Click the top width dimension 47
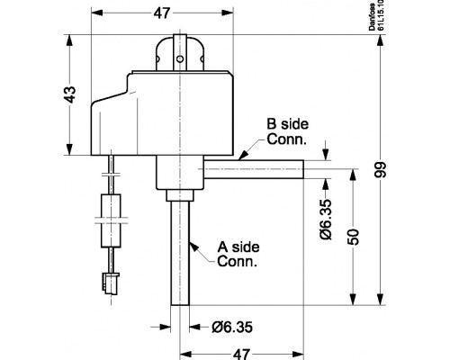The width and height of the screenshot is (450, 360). pos(162,13)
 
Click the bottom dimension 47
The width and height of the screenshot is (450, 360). pos(241,355)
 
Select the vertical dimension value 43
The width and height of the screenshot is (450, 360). pos(70,94)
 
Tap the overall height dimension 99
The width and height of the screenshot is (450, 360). pos(380,170)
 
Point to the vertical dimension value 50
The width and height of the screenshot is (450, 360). pos(354,237)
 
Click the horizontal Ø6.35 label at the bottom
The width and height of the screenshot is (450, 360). pos(232,327)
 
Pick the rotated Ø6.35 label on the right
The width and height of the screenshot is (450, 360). pos(326,220)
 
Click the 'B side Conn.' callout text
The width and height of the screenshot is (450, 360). pos(287,131)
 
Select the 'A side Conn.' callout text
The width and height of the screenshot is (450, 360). pos(238,254)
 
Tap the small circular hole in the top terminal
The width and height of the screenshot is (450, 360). pos(180,59)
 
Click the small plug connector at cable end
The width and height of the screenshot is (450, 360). pos(111,283)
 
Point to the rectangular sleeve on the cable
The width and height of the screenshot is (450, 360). pos(111,220)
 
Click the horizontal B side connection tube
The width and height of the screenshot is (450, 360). pos(254,169)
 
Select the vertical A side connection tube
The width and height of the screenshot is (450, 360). pos(180,253)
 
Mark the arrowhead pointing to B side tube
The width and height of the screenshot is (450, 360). pos(243,155)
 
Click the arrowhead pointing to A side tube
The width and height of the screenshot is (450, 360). pos(194,247)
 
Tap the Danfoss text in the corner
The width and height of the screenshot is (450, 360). pos(373,17)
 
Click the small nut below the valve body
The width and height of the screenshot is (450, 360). pos(180,195)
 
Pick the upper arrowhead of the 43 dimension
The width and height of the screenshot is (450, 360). pos(69,40)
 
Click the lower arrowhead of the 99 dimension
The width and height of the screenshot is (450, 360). pos(381,299)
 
